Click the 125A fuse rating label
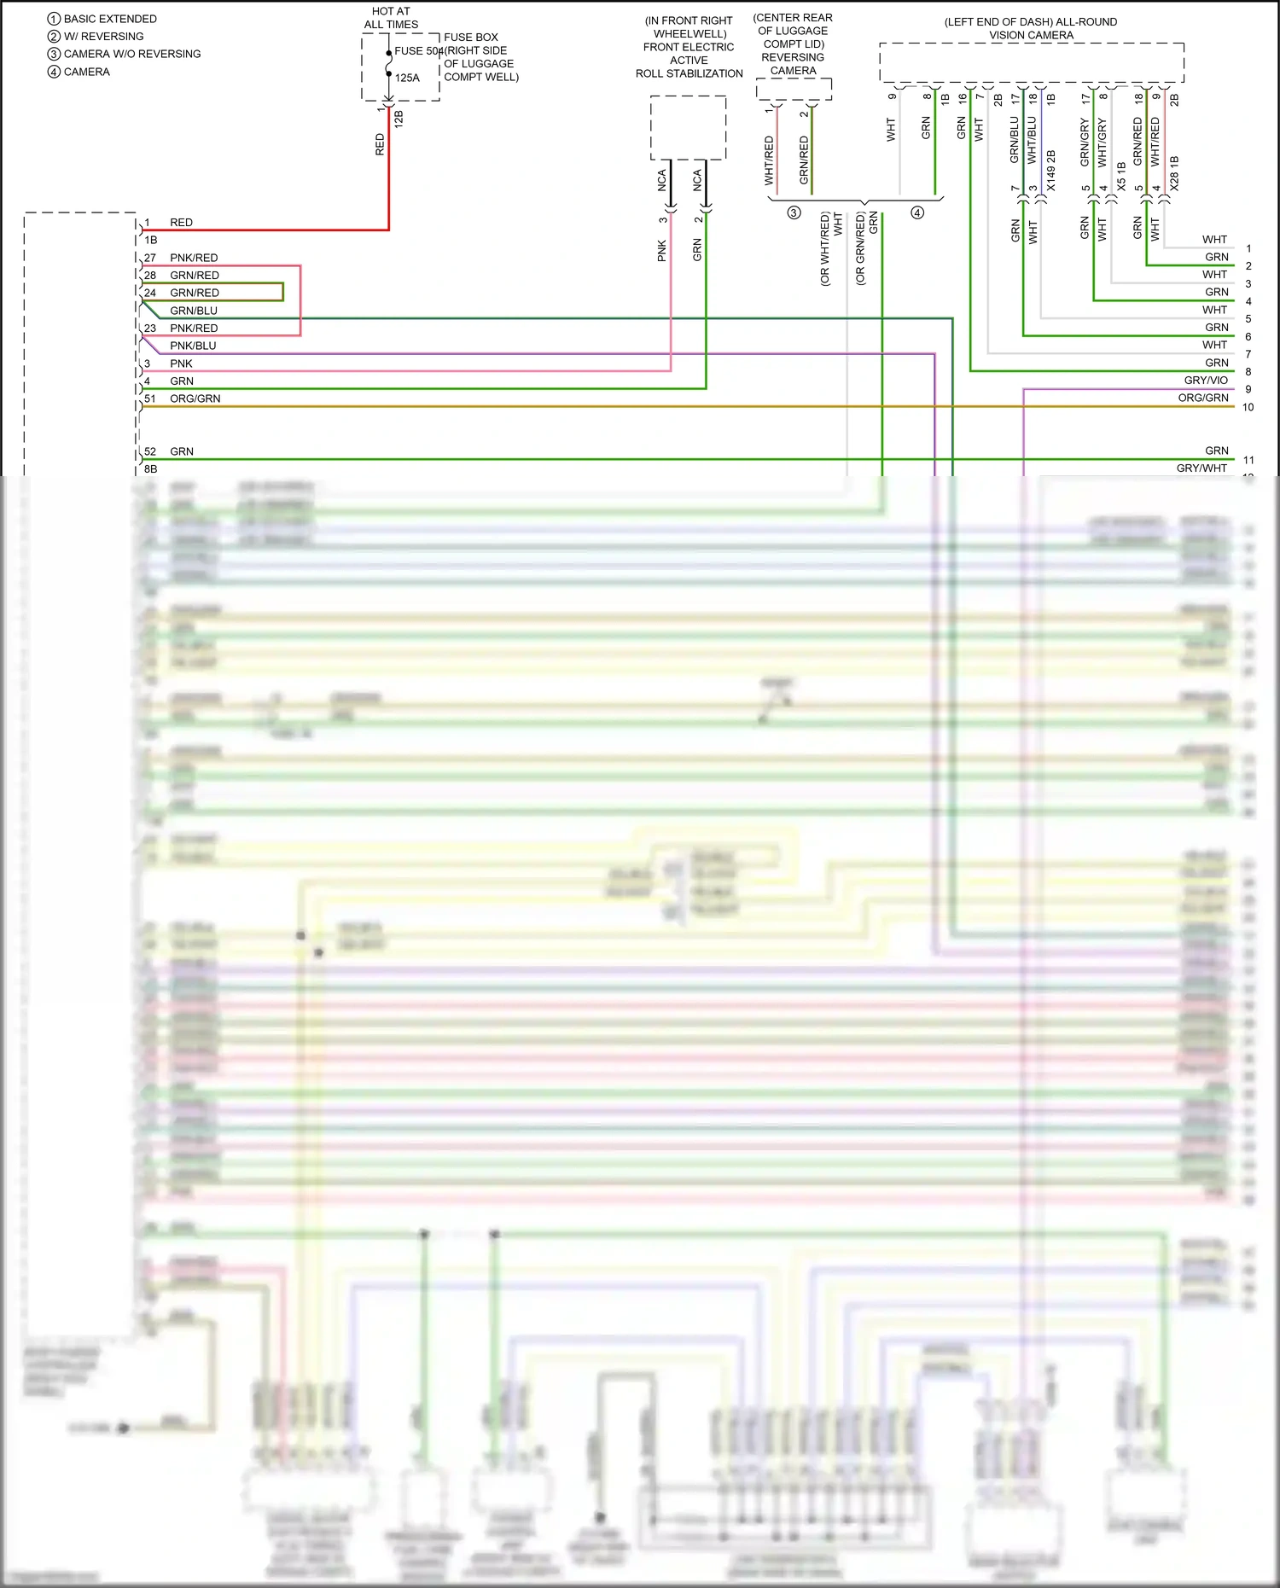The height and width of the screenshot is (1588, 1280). click(x=407, y=78)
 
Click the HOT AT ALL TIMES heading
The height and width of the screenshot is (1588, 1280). click(x=391, y=18)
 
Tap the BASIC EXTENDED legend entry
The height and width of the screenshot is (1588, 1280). click(x=109, y=19)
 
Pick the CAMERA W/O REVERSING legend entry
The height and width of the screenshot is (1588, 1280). click(x=131, y=54)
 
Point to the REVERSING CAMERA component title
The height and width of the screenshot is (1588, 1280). click(x=793, y=63)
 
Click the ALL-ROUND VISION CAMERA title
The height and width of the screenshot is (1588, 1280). click(x=1031, y=28)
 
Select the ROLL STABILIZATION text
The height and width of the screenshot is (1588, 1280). click(x=689, y=73)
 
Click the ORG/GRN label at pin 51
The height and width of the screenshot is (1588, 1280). click(x=195, y=398)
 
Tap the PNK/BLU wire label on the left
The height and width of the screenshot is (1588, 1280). click(x=193, y=346)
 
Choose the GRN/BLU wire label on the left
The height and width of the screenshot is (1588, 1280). click(x=194, y=311)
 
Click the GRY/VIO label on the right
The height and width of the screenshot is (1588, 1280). click(x=1205, y=381)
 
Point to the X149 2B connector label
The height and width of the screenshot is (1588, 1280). click(x=1050, y=171)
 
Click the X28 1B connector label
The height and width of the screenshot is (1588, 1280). click(x=1174, y=173)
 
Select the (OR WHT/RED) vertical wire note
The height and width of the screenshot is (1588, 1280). click(x=824, y=249)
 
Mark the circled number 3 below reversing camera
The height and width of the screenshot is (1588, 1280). click(x=794, y=212)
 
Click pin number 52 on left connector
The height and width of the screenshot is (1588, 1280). click(x=150, y=451)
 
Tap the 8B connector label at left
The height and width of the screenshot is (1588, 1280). click(x=150, y=468)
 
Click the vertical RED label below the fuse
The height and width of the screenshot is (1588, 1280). click(x=380, y=144)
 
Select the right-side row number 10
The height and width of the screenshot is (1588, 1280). click(x=1248, y=407)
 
